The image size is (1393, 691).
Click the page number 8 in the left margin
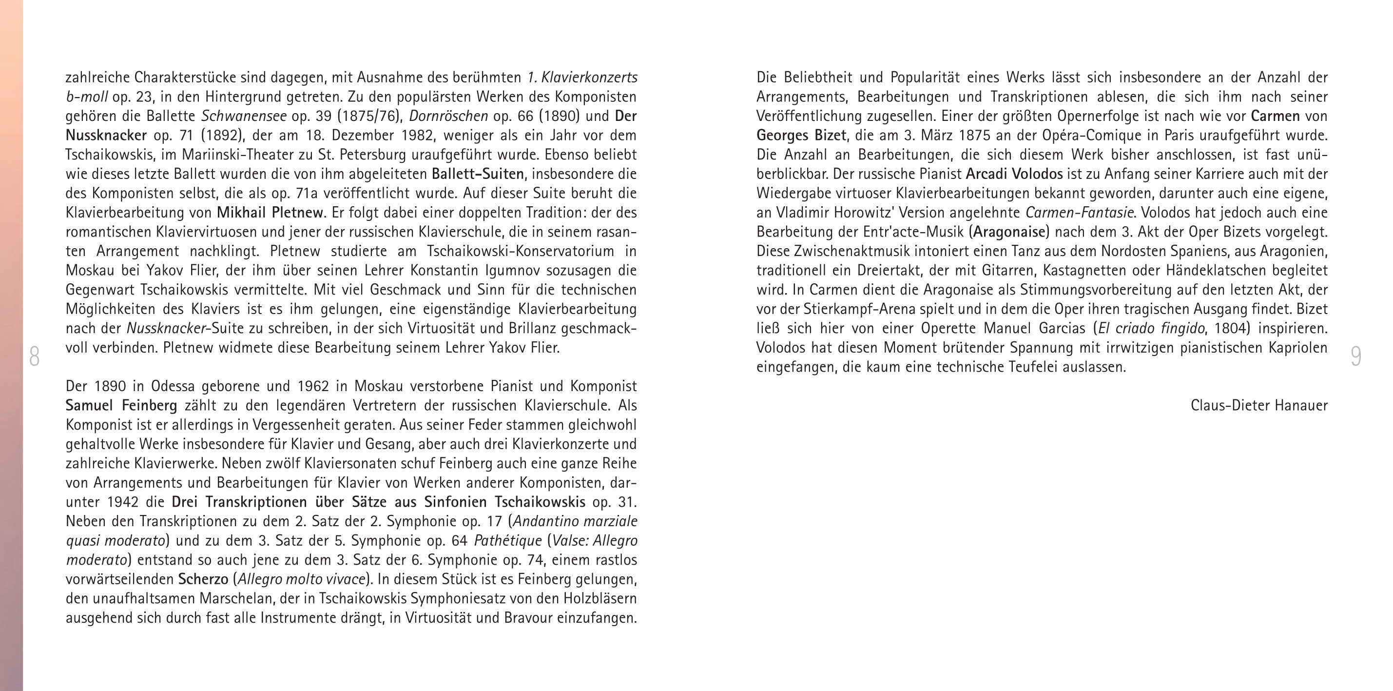coord(34,356)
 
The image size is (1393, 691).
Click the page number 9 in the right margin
coord(1355,356)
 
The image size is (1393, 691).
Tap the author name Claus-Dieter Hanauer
coord(1259,405)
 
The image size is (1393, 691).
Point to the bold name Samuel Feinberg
coord(121,405)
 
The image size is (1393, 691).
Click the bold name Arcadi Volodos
coord(1014,174)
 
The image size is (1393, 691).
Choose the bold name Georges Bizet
coord(801,135)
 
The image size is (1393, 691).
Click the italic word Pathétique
coord(508,541)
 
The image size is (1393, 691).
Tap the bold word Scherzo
coord(203,579)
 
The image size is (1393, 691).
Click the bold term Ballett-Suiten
coord(478,174)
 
